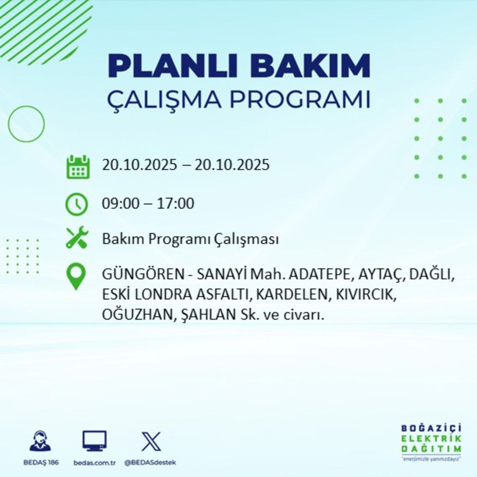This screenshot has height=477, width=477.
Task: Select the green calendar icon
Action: pos(77,166)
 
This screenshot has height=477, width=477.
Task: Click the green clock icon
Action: pos(77,204)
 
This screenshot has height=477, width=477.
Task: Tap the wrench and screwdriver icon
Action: pos(77,238)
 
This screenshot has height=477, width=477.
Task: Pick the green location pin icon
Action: pos(77,277)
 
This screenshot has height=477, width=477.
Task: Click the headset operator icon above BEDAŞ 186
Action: pos(40,441)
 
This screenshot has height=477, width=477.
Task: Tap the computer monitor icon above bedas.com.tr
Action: pos(94,441)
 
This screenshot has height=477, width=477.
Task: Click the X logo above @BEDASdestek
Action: pos(151,441)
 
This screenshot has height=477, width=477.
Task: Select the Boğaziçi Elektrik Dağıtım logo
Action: pos(431,443)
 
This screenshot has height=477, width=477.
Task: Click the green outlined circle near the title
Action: pos(26,123)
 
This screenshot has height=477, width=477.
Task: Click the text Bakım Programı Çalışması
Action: pos(190,239)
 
